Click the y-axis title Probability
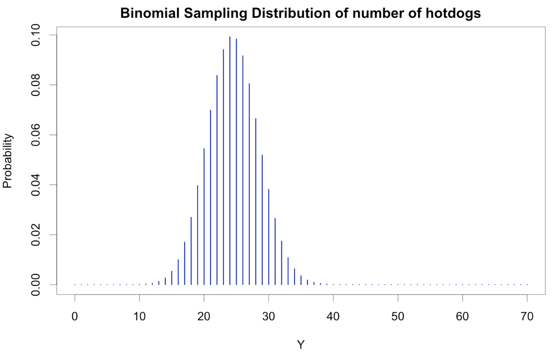[x=7, y=161]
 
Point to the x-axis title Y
[x=301, y=345]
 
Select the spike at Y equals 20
[x=204, y=216]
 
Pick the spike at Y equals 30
[x=269, y=236]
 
